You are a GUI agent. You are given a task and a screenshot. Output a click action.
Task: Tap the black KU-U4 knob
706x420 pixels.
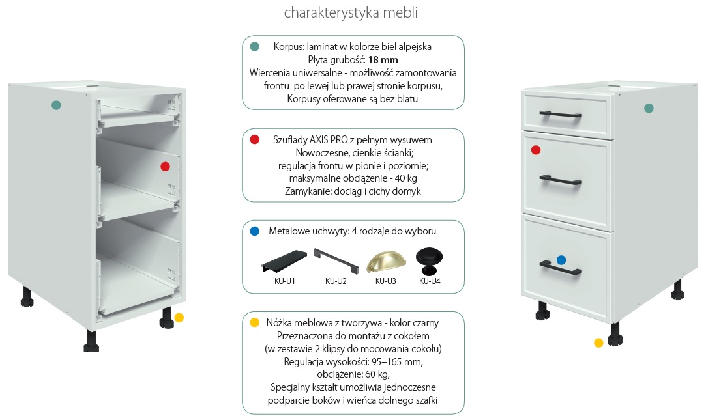[x=429, y=260]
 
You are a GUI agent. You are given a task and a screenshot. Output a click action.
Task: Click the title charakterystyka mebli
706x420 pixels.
[x=351, y=13]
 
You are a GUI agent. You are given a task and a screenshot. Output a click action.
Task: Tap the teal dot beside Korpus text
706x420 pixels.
[x=255, y=46]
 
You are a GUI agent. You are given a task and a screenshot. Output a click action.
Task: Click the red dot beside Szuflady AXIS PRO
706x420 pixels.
[x=255, y=139]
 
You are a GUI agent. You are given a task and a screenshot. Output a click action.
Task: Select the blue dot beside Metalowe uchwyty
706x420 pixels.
[x=255, y=231]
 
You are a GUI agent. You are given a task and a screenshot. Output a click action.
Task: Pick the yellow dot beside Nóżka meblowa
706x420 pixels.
[x=255, y=322]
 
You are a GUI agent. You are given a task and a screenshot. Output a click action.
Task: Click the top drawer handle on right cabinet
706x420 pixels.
[x=561, y=115]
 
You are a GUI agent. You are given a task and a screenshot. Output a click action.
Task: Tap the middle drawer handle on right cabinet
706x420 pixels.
[x=561, y=178]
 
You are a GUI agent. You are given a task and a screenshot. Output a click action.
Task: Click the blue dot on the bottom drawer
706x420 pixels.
[x=561, y=260]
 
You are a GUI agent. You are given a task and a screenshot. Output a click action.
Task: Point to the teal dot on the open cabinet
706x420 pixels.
[x=56, y=105]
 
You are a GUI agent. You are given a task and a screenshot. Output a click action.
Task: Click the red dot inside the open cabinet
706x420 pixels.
[x=165, y=167]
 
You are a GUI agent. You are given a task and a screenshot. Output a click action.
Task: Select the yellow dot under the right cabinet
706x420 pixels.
[x=598, y=343]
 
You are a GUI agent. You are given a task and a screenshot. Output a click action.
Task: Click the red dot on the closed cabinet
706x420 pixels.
[x=536, y=150]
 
